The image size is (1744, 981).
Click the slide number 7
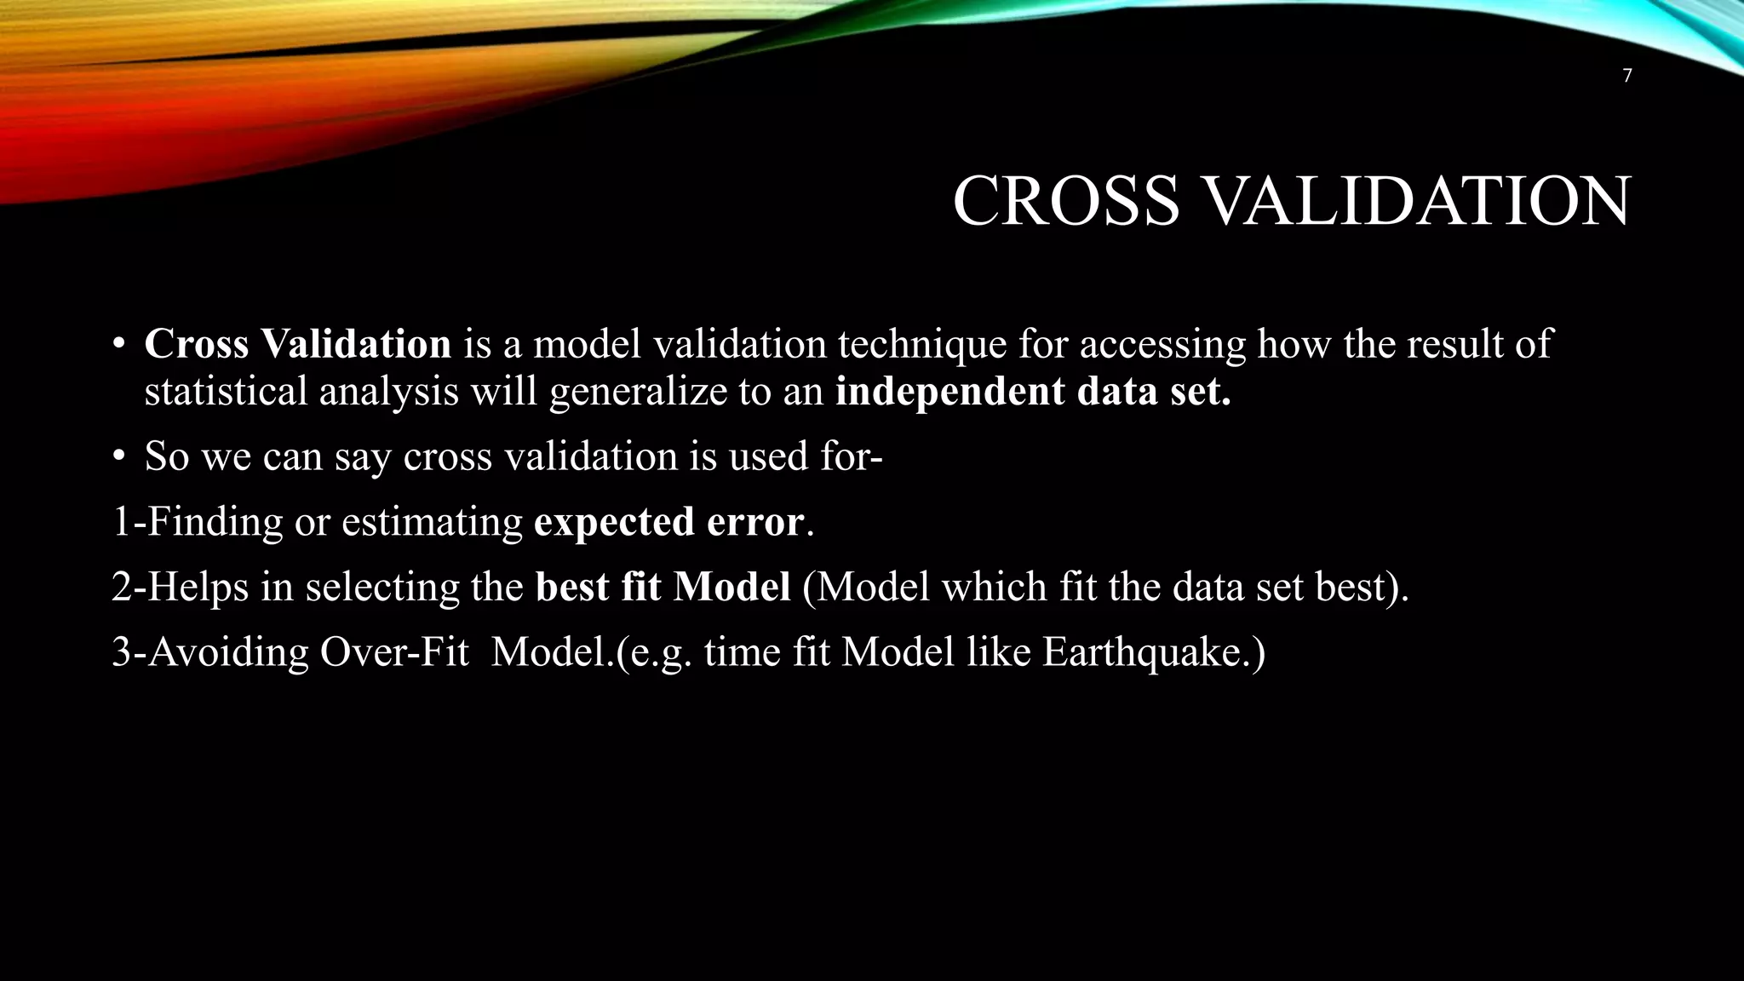pos(1627,76)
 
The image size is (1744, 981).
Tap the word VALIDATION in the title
pos(1416,201)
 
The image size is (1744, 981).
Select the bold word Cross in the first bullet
pos(197,344)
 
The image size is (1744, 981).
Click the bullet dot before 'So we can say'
pos(119,457)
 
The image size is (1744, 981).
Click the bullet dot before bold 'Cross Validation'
pos(119,345)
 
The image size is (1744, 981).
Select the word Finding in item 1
pos(215,522)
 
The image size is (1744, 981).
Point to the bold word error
pos(754,522)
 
